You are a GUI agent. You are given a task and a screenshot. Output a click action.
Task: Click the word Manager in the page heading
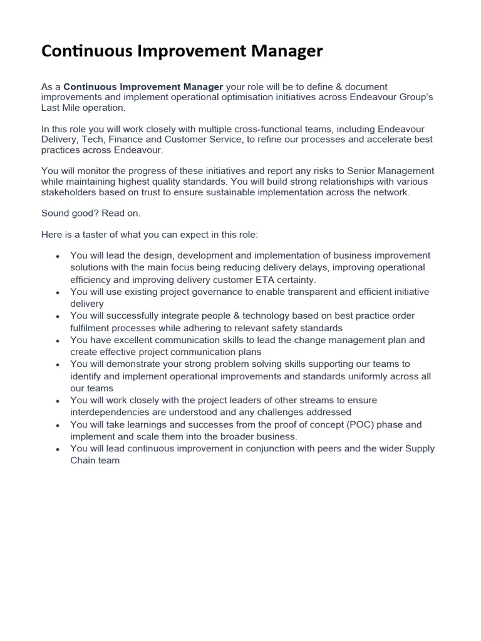coord(286,51)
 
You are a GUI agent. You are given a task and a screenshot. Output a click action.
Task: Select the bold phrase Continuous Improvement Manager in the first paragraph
coord(143,86)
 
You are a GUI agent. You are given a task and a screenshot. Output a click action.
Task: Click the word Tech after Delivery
coord(91,140)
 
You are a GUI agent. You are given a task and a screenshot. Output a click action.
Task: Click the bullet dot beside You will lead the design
coord(58,256)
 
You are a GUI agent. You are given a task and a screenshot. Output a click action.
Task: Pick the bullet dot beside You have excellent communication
coord(58,341)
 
